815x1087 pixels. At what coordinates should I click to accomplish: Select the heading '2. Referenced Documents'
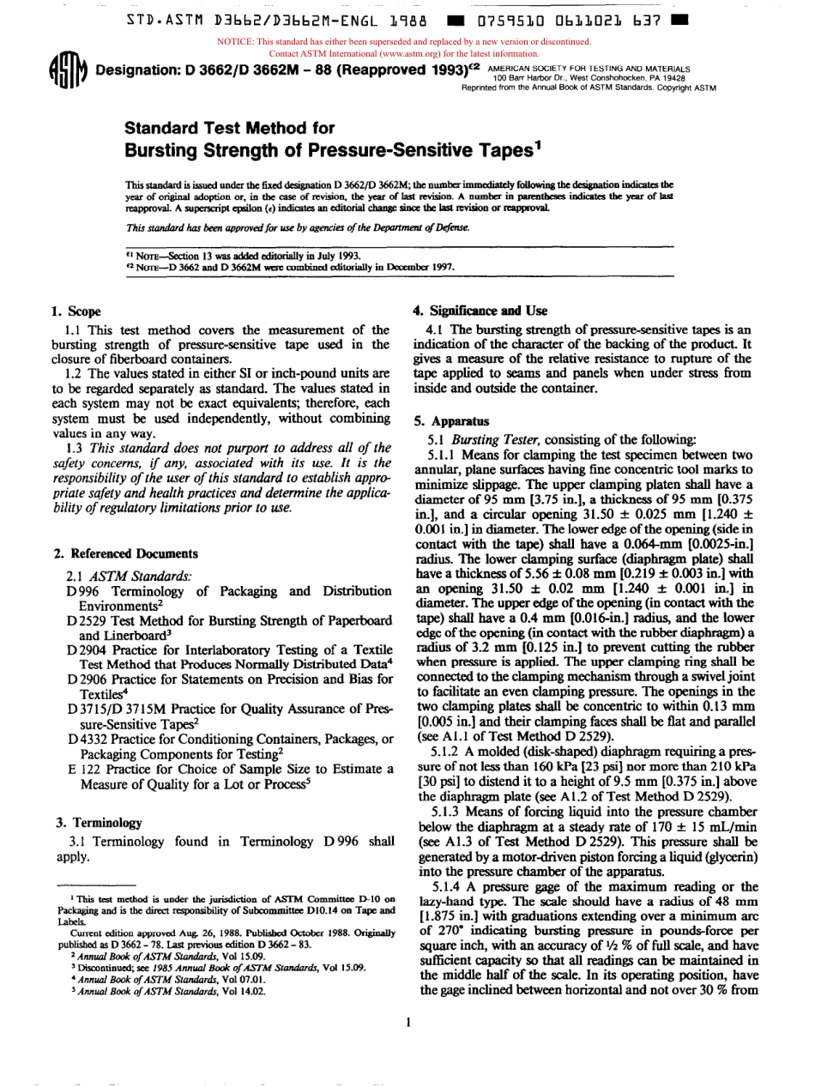coord(124,553)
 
